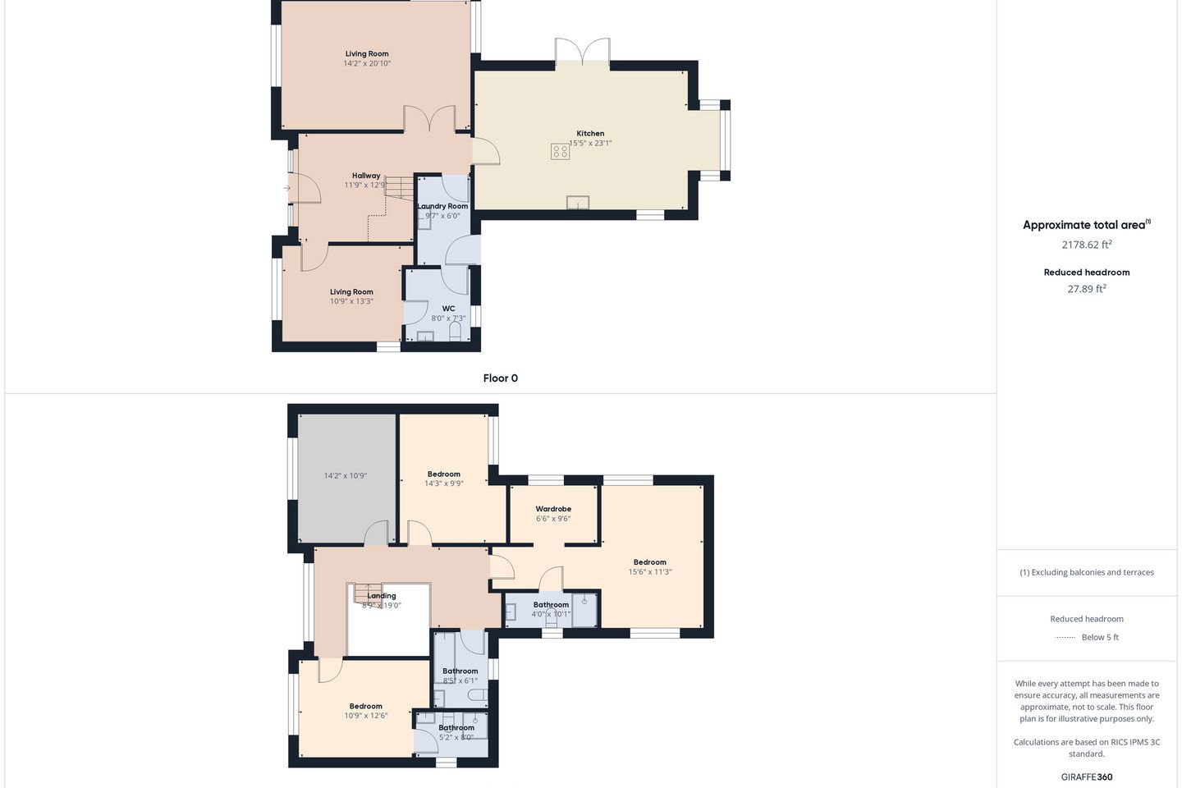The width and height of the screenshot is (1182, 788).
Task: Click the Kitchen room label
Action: (590, 134)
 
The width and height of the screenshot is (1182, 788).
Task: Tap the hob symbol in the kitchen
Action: (560, 152)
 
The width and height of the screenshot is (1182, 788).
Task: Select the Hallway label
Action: (366, 176)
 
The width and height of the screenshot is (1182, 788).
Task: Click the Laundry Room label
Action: (442, 206)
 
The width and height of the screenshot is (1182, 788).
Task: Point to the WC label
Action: (448, 309)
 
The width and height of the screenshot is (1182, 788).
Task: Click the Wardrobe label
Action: (553, 509)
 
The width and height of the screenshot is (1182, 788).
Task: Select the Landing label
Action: (382, 596)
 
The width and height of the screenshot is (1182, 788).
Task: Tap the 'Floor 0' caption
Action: (500, 378)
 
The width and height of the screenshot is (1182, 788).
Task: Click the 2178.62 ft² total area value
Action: (1087, 245)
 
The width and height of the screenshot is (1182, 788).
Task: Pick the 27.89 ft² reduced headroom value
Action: (1087, 289)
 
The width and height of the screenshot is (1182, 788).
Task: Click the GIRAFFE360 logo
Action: (1087, 777)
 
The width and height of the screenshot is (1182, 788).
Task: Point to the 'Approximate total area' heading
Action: (1087, 225)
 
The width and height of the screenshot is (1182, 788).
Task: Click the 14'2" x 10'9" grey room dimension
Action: (345, 475)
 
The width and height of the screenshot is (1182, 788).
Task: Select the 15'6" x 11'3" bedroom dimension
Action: (649, 571)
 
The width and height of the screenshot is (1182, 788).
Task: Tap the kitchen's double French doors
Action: (583, 51)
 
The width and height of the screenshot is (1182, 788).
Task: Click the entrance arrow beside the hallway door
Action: (286, 188)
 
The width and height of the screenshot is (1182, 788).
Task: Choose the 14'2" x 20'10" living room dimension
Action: (367, 63)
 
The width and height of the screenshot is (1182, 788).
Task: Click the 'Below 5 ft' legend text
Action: (1100, 637)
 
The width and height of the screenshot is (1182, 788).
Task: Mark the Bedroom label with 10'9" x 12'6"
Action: (366, 706)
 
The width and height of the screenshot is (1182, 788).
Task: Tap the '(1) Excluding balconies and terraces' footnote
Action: (1087, 572)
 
